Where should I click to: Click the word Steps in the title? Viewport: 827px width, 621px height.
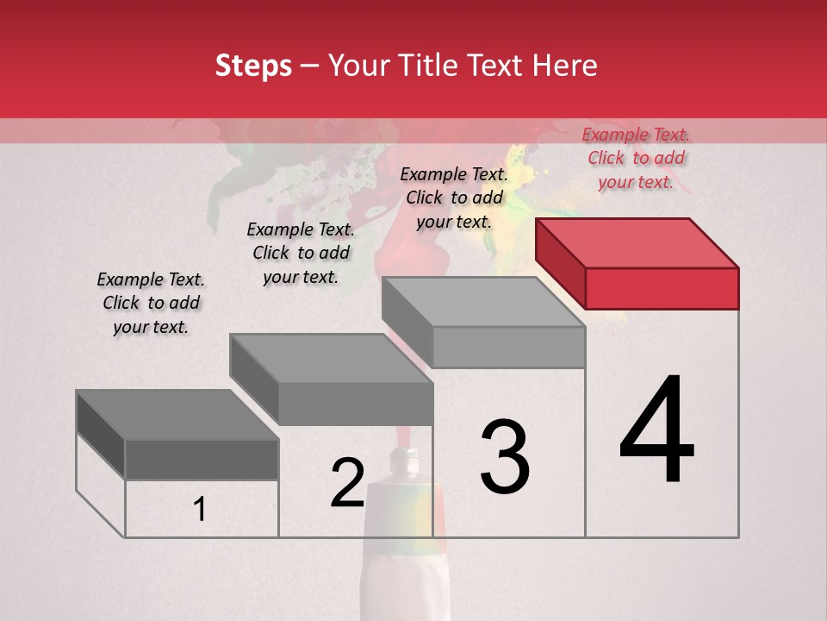click(253, 66)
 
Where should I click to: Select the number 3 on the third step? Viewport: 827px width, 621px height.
click(505, 457)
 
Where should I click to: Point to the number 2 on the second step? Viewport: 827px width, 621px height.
click(347, 483)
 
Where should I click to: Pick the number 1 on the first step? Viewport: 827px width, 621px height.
click(200, 509)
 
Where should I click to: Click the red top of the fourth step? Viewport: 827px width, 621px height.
click(637, 242)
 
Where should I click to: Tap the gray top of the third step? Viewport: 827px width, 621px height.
click(483, 302)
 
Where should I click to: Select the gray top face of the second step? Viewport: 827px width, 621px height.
click(331, 358)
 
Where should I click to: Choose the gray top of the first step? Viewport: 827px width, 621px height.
click(177, 415)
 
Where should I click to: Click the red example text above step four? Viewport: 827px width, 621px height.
click(636, 158)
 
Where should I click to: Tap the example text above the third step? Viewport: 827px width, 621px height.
click(454, 198)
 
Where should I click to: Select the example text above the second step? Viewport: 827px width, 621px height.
click(301, 253)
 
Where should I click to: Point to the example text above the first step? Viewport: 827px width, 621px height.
click(151, 303)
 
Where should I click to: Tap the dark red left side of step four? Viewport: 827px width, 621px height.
click(560, 263)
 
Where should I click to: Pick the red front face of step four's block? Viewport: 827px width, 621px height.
click(662, 288)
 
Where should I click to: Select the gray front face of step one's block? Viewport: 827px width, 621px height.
click(202, 459)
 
